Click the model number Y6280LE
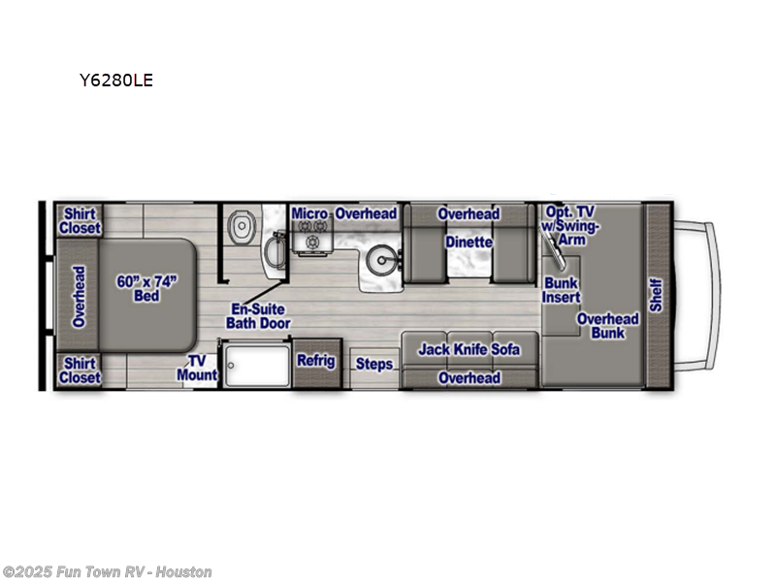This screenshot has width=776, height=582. coord(115,81)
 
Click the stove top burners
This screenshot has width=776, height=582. coord(313,242)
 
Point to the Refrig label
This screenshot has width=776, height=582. coord(315,361)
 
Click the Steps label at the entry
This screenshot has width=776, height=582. coord(374,364)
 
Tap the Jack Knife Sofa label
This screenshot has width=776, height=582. coord(469,349)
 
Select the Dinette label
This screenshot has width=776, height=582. coord(469,242)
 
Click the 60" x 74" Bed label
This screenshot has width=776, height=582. coord(145,288)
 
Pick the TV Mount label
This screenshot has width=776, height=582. coord(197,367)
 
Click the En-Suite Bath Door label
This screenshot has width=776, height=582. coord(257,316)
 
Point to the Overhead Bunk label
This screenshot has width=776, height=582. coord(608,325)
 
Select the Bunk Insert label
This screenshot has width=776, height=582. coord(561,290)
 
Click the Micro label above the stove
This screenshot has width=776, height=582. coord(309,213)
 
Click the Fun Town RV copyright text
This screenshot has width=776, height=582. coord(107,572)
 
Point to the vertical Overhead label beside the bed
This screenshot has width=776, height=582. coord(79,296)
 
